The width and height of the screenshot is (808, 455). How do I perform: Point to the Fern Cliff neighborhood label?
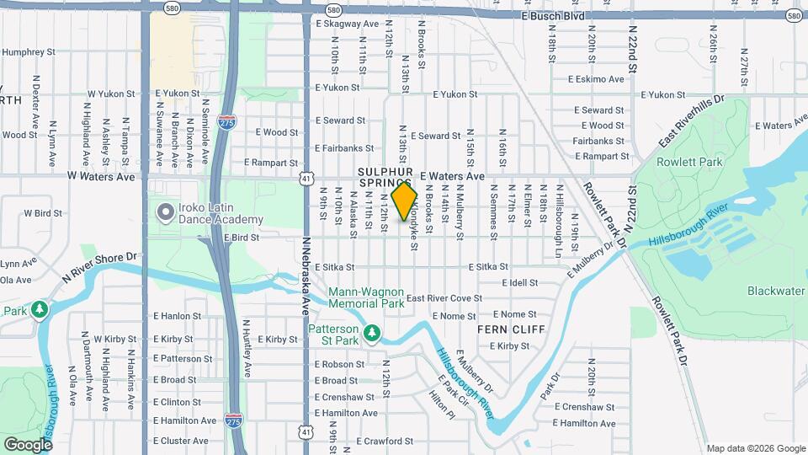511,329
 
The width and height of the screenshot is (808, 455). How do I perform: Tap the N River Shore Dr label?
98,266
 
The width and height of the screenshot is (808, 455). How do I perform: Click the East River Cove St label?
444,298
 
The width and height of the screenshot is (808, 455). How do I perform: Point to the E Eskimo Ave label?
597,79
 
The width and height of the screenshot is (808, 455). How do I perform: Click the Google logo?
28,444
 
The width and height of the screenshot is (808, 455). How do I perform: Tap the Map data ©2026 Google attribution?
755,448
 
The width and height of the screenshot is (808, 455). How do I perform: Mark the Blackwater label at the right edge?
776,291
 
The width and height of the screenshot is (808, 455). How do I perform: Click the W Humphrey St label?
27,51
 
